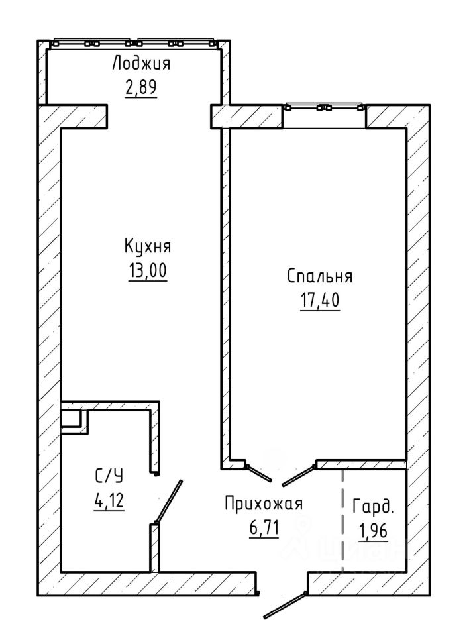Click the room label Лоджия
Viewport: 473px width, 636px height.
pyautogui.click(x=140, y=64)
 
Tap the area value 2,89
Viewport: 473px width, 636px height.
pyautogui.click(x=140, y=87)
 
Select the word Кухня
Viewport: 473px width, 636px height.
pyautogui.click(x=148, y=247)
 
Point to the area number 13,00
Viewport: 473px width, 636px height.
pyautogui.click(x=148, y=270)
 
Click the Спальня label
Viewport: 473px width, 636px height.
pyautogui.click(x=320, y=276)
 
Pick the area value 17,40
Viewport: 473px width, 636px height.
pyautogui.click(x=320, y=301)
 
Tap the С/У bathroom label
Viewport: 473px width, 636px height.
pyautogui.click(x=109, y=476)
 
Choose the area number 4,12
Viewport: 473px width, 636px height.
pyautogui.click(x=109, y=501)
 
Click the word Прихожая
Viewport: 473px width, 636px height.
pyautogui.click(x=264, y=503)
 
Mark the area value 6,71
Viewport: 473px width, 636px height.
pyautogui.click(x=264, y=528)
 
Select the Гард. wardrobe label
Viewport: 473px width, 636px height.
pyautogui.click(x=373, y=507)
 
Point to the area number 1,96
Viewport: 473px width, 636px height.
pyautogui.click(x=373, y=531)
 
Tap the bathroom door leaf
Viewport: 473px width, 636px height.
pyautogui.click(x=168, y=502)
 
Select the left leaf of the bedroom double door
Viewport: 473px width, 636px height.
pyautogui.click(x=259, y=473)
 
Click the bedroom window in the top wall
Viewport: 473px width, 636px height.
pyautogui.click(x=324, y=107)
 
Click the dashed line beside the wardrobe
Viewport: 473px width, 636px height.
pyautogui.click(x=342, y=521)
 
